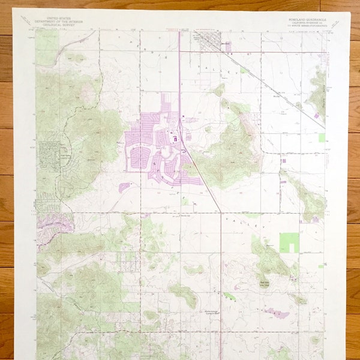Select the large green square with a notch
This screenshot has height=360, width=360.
(290, 242)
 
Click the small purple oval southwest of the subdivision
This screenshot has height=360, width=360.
(125, 187)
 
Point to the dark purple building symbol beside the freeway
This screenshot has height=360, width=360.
(175, 139)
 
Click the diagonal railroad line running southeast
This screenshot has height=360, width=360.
(282, 90)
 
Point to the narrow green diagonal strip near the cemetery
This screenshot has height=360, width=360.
(229, 295)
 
